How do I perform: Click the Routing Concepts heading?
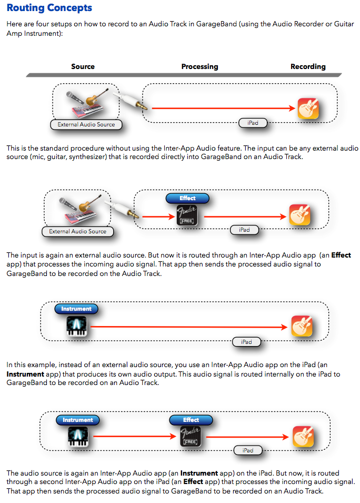(49, 8)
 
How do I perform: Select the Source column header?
(83, 67)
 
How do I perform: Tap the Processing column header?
(199, 67)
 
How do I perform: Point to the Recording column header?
(308, 67)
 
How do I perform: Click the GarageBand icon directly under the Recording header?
(308, 109)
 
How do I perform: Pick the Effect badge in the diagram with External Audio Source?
(187, 199)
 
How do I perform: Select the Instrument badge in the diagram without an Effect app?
(76, 309)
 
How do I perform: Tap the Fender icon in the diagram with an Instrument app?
(191, 437)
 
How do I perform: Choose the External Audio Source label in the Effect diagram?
(78, 231)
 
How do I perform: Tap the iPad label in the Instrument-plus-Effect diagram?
(248, 450)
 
